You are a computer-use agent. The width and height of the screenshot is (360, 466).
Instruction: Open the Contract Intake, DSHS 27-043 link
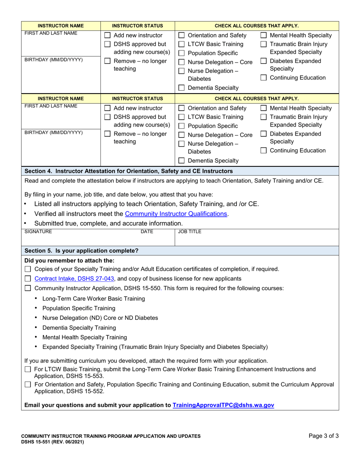pos(74,279)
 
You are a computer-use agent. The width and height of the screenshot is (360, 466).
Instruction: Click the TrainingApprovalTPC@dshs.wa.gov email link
pos(223,405)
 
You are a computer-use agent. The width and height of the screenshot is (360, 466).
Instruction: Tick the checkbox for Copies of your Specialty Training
pos(28,269)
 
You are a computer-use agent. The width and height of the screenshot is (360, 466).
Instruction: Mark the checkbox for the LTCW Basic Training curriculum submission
pos(28,369)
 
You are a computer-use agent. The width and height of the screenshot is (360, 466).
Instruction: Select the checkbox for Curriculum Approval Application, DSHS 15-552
pos(28,385)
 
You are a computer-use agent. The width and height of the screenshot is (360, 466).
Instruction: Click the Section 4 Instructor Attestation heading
pos(128,171)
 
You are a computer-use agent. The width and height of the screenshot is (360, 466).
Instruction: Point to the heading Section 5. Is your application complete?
pos(81,251)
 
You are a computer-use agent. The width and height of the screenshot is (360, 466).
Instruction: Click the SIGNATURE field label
pos(38,231)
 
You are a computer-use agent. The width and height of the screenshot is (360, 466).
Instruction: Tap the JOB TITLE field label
pos(190,231)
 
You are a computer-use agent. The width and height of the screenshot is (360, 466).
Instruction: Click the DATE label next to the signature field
pos(147,231)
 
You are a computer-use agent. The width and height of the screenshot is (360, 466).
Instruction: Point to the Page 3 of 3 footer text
pos(324,436)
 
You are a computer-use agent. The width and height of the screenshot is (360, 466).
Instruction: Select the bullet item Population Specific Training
pos(79,308)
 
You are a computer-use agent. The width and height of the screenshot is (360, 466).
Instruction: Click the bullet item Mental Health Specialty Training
pos(85,337)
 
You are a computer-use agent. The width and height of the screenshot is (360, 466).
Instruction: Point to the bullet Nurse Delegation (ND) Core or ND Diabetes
pos(100,318)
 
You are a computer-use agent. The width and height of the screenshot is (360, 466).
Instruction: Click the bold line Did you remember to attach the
pos(69,260)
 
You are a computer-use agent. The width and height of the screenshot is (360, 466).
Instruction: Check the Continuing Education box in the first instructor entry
pos(264,78)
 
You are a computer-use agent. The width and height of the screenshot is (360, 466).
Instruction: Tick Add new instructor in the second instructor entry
pos(107,108)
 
